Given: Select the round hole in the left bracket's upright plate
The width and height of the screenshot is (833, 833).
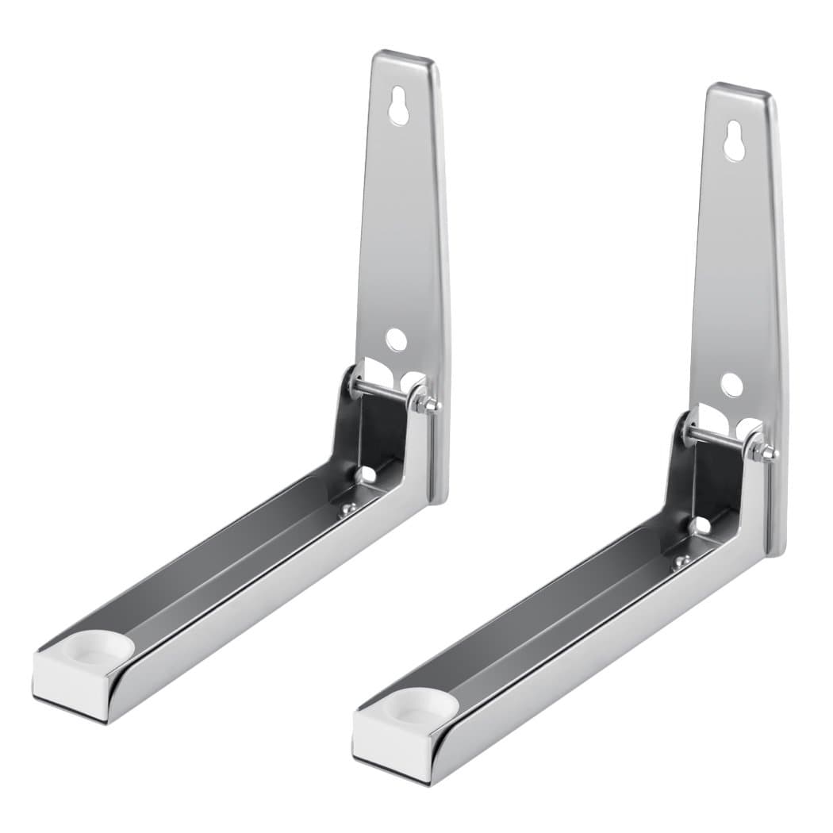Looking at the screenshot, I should pos(396,340).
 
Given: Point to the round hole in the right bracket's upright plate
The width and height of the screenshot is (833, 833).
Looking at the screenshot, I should pos(731,385).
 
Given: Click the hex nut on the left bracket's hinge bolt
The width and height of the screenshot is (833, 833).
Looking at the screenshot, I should pos(428,404).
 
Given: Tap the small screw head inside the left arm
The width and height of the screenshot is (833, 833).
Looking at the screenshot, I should pos(347,509).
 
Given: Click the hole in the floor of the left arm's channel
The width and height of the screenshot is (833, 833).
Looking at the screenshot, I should pos(367,474).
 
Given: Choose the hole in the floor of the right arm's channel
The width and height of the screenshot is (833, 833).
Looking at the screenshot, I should pos(701,524).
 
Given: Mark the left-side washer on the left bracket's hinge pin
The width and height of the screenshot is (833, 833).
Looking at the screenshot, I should pos(355,382).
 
